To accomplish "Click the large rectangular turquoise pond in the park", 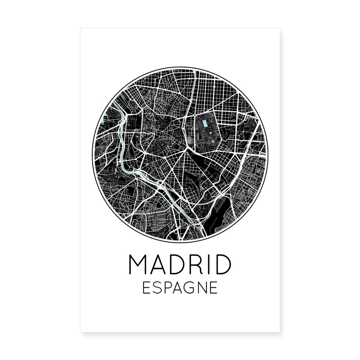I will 205,123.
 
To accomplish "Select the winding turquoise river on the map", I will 122,151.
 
